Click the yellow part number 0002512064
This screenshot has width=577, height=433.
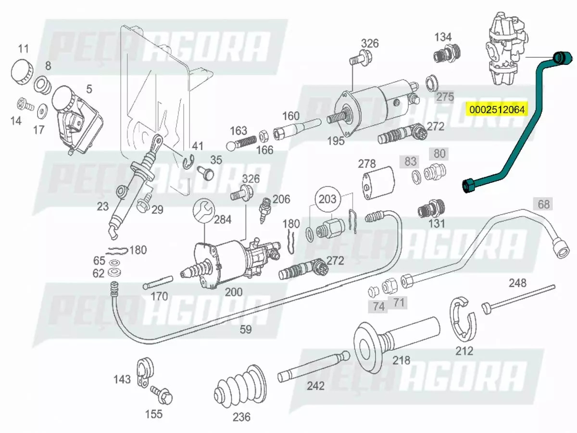[x=497, y=109]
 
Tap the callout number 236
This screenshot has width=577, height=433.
[x=241, y=417]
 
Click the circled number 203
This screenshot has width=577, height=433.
[x=327, y=200]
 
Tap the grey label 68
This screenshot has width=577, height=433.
[x=543, y=204]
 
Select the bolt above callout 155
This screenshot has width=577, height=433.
[x=162, y=395]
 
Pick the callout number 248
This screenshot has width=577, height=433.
[x=517, y=283]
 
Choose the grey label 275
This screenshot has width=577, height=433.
[x=445, y=97]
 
